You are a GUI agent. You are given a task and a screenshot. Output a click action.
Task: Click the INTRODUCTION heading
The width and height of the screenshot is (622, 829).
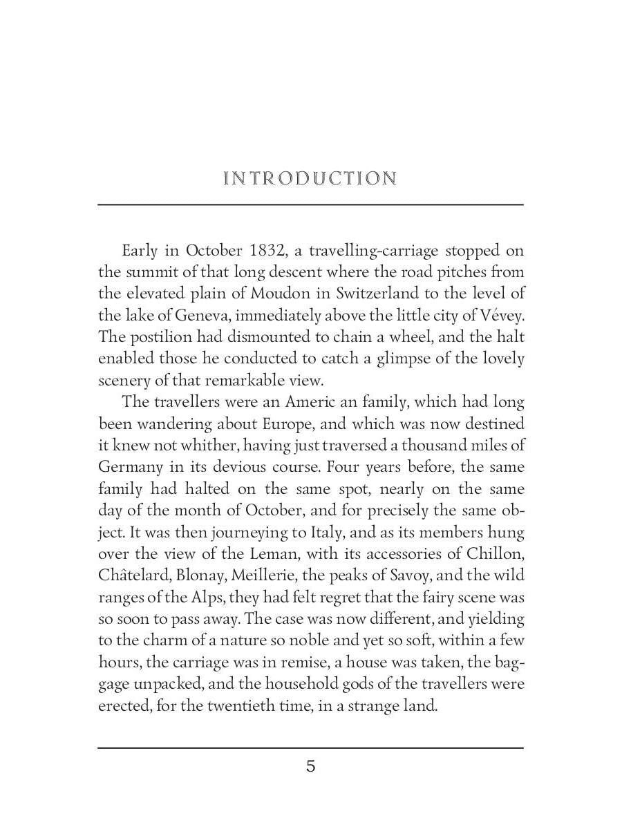coord(310,179)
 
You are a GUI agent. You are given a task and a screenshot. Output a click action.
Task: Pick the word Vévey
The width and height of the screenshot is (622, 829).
coord(505,316)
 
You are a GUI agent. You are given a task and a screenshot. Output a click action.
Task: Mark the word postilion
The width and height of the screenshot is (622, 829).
coord(160,337)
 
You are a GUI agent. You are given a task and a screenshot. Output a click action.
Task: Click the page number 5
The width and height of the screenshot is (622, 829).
coord(311,766)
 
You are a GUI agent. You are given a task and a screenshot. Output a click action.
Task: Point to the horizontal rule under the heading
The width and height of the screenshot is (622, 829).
coord(310,204)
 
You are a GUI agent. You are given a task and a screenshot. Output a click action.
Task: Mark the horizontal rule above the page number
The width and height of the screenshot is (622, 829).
coord(310,747)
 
